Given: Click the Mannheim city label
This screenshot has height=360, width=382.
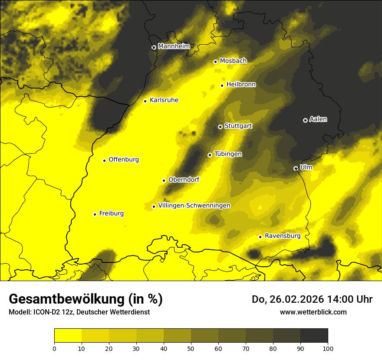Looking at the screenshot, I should coord(174,46).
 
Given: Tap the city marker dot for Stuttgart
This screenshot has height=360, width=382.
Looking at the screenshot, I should coord(220,127).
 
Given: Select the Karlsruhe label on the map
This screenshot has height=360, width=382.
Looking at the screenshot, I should coord(164,100).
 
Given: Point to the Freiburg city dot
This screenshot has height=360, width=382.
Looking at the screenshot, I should coord(95,214).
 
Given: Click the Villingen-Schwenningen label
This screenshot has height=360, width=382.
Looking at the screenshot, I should coord(194,206).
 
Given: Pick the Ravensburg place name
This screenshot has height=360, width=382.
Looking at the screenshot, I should coord(283,236).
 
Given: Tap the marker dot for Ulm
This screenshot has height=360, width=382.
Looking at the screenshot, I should coord(296,168).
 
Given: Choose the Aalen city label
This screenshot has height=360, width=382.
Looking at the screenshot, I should coord(318,119).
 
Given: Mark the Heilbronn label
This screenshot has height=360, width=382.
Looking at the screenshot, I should coord(241,85).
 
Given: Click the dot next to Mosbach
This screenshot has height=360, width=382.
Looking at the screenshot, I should coord(215,62).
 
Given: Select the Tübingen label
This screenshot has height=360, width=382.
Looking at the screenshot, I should coord(228,154).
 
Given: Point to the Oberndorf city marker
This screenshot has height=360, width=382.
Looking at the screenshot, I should coord(164,180).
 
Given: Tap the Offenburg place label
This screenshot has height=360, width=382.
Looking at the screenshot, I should coord(124,160).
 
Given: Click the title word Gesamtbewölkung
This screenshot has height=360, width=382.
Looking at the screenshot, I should coord(69,299).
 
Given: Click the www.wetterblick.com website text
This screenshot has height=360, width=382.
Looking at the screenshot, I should coord(313,312).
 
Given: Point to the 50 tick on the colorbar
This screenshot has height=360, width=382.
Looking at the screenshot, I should coord(191,348).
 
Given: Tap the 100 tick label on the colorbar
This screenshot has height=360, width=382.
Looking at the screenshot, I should coord(328,348).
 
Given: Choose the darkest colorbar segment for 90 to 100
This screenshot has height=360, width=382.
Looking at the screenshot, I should coord(314,335).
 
